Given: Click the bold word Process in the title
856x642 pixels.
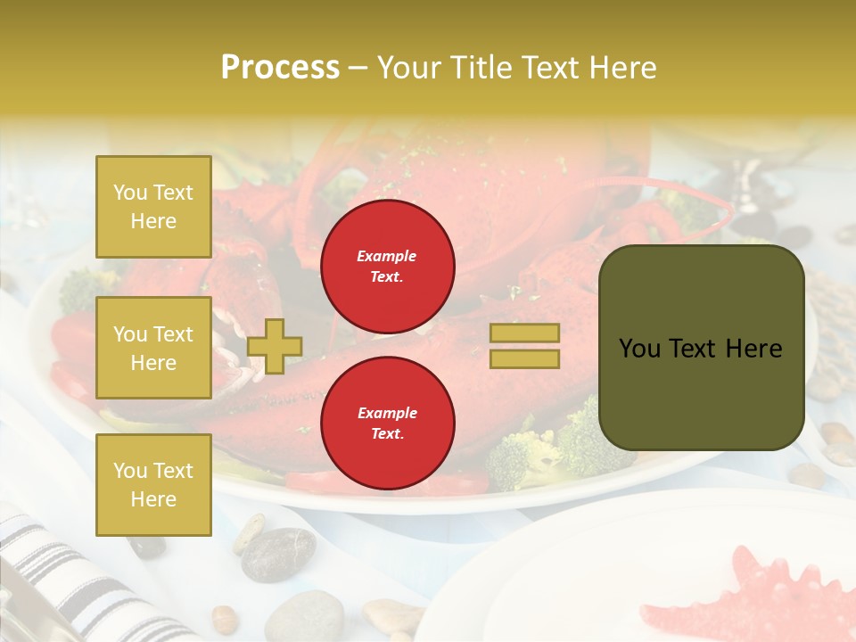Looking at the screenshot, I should pos(280,68).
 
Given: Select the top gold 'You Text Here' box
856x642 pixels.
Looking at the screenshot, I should pos(153,207).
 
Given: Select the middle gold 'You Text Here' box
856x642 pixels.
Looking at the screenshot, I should pos(153,348).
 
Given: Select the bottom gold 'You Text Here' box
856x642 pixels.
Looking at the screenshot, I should pos(153,484).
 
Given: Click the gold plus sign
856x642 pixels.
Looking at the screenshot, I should pos(275,346).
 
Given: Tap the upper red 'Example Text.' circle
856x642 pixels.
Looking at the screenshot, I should pos(387,267).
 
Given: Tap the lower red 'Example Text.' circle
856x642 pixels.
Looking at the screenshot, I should pos(387,424).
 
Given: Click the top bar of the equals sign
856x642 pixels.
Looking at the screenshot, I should pos(524,333).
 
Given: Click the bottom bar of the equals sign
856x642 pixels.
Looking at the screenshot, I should pos(524,359).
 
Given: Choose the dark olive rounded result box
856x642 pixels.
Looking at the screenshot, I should pos(701,348).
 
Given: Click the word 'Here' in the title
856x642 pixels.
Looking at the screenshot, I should pos(623,68).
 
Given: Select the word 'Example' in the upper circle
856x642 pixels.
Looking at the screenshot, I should pos(387,256).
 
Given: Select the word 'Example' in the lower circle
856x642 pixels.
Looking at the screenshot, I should pos(387,413).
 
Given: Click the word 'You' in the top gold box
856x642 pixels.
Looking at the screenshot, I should pos(130,193).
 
